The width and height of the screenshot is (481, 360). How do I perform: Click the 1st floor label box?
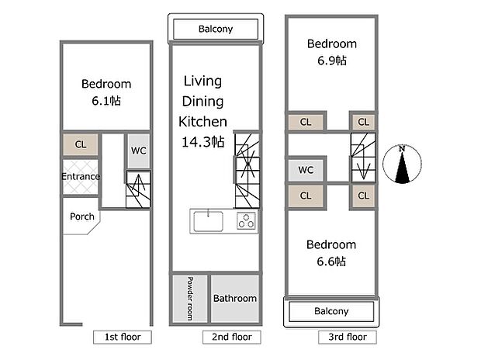(x=123, y=337)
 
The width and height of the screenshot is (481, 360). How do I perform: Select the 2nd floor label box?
(x=232, y=337)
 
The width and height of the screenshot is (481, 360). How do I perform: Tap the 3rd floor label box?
(x=348, y=337)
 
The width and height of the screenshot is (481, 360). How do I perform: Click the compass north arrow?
(x=402, y=166)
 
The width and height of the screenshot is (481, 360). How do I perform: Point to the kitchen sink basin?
(x=208, y=221)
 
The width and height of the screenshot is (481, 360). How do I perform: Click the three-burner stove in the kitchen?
(x=246, y=221)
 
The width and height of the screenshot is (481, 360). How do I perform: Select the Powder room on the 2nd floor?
(x=190, y=299)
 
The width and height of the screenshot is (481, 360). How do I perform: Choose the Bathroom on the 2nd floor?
(x=235, y=299)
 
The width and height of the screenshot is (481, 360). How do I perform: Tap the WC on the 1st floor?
(x=138, y=151)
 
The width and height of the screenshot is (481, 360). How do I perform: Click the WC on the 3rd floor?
(x=306, y=170)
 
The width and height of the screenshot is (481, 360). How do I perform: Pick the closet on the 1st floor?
(x=81, y=144)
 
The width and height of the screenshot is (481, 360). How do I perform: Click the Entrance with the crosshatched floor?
(x=81, y=176)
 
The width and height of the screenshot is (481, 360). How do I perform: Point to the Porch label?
(x=82, y=216)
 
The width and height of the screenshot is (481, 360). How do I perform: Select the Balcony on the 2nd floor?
(x=216, y=29)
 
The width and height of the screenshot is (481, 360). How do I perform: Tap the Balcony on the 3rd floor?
(x=331, y=311)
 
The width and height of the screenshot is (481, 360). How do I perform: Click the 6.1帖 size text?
(x=106, y=101)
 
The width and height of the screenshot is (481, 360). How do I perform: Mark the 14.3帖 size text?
(x=202, y=142)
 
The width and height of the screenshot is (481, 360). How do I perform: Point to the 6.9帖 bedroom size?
(x=332, y=61)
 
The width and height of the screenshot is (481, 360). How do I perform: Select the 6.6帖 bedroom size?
(x=331, y=261)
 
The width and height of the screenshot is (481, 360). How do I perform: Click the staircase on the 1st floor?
(x=138, y=189)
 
